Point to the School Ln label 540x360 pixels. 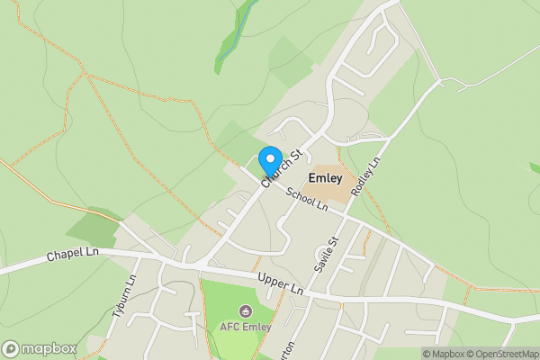tap(307, 200)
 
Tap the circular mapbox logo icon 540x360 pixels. tap(11, 348)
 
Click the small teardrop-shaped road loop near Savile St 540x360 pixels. tap(322, 251)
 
